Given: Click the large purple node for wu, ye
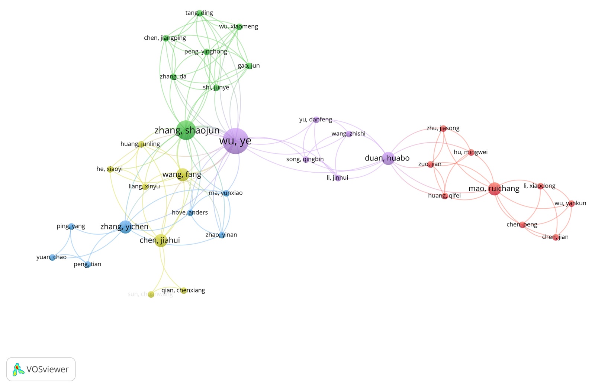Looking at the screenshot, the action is coord(235,141).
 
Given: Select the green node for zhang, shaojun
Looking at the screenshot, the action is coord(186,130).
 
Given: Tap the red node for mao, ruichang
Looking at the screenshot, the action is coord(494,189).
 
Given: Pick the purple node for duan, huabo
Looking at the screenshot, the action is coord(388,159).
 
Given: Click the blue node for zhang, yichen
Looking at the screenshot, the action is coord(125,226).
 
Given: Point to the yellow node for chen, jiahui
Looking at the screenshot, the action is coord(161,241).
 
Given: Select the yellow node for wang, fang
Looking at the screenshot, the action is coord(183,175).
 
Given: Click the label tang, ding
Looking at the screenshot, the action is coord(199,13).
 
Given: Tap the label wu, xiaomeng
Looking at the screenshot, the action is coord(238,26).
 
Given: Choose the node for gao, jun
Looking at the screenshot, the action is coord(249,66).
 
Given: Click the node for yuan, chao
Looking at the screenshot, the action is coord(52,257).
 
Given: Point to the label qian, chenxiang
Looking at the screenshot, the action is coord(183,290).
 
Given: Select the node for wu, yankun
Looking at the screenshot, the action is coord(572,203).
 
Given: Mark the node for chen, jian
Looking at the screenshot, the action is coord(556,237).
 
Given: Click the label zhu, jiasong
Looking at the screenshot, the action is coord(443,128).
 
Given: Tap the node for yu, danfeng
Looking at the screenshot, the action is coord(316,120).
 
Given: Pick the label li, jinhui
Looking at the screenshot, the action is coord(337,178).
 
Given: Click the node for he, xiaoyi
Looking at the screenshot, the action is coord(110,169).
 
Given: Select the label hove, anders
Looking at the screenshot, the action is coord(190,213).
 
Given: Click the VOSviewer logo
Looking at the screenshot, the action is coord(41,369).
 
